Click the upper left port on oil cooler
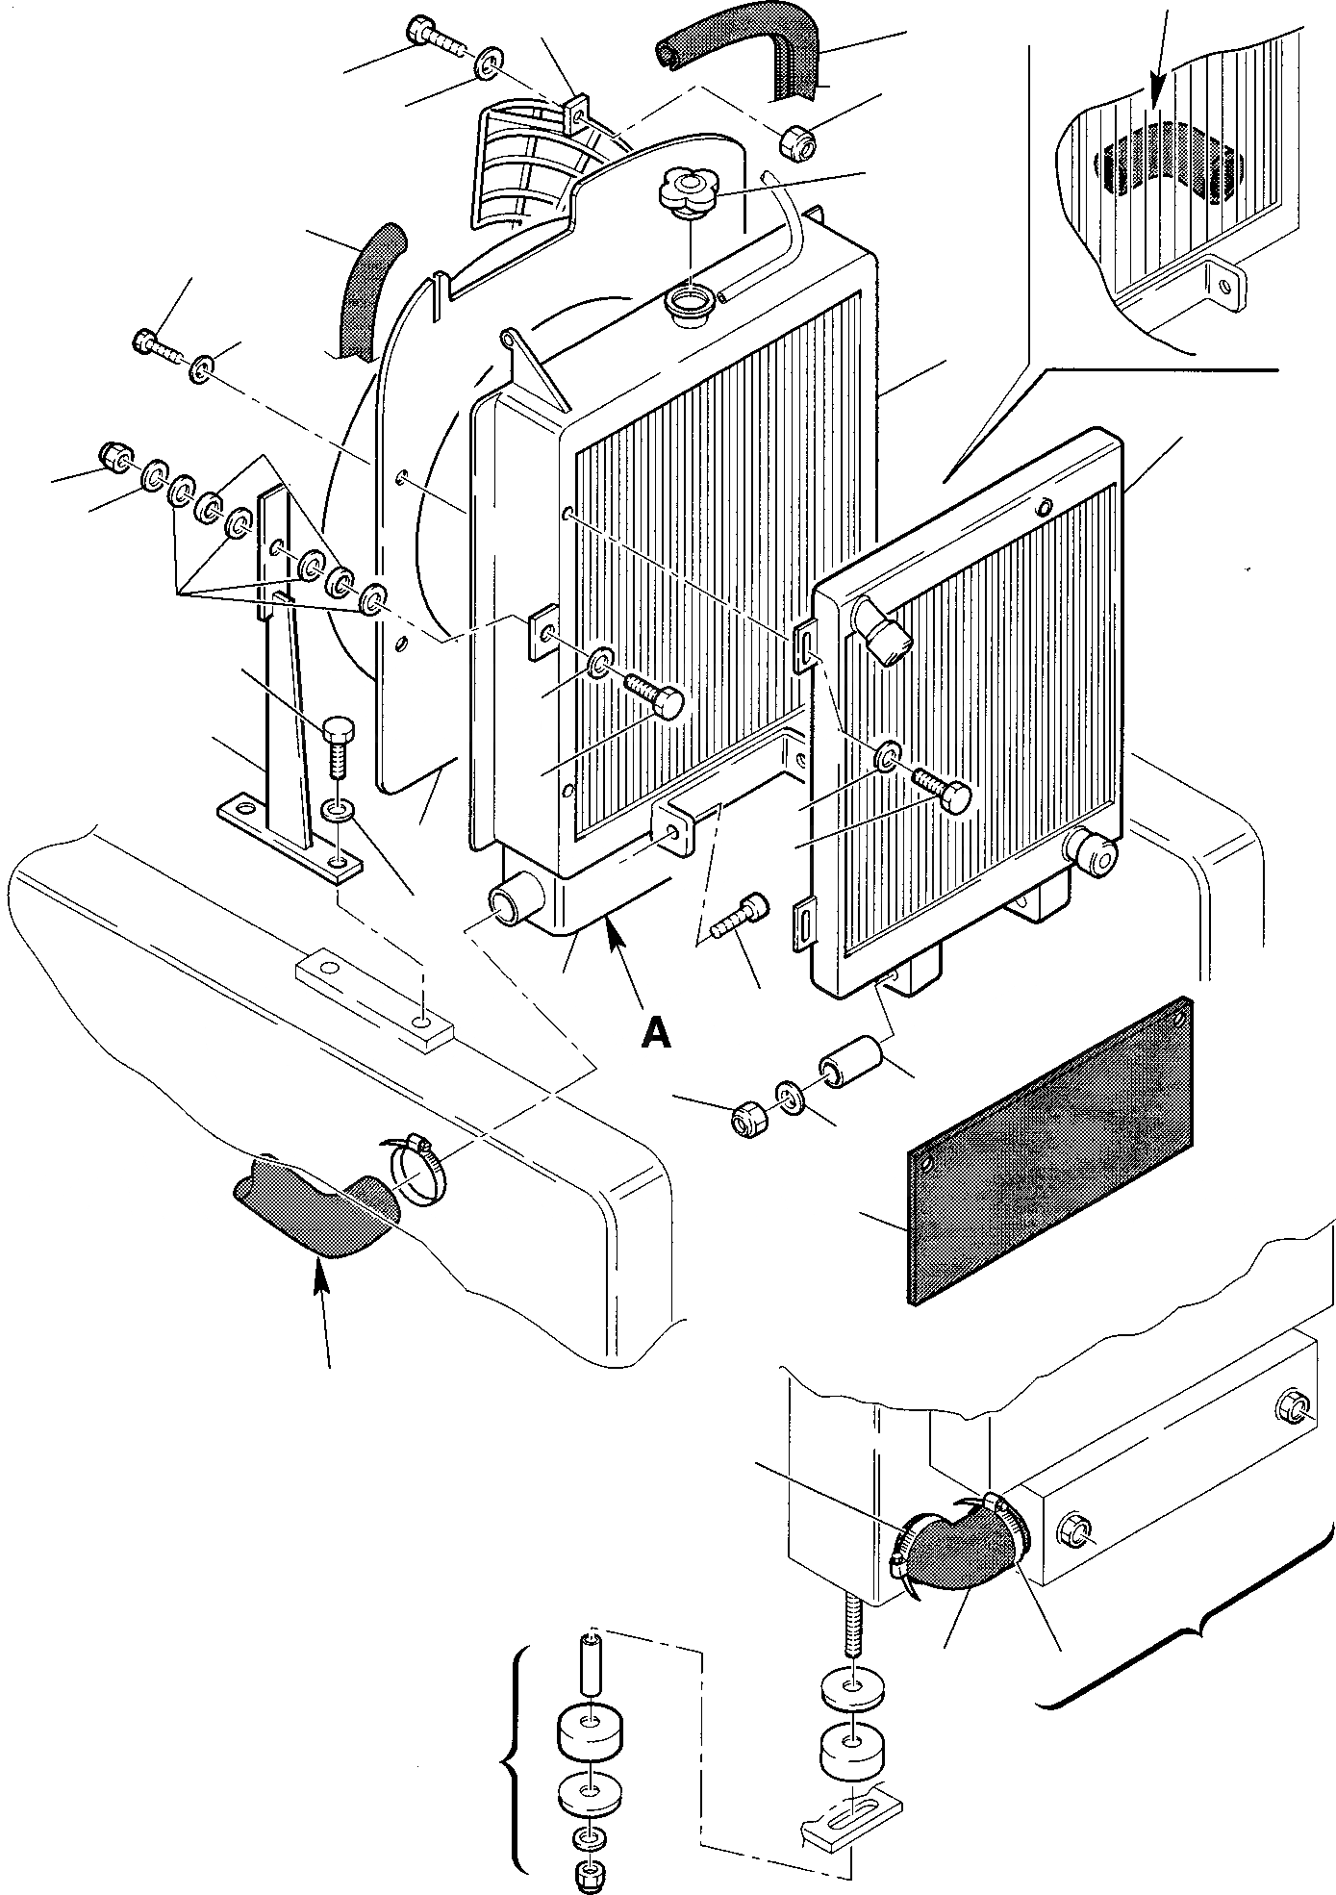point(881,631)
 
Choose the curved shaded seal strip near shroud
point(374,289)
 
